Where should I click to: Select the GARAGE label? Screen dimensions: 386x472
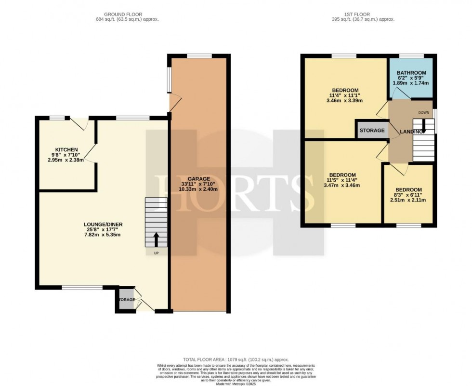(x=196, y=178)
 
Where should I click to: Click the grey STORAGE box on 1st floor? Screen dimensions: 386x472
(x=372, y=131)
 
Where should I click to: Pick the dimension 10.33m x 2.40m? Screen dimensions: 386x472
(x=196, y=189)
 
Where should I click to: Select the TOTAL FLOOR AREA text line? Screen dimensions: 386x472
(x=236, y=360)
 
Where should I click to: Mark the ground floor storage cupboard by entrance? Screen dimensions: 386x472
(x=127, y=300)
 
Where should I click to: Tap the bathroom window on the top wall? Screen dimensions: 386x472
(x=410, y=55)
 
